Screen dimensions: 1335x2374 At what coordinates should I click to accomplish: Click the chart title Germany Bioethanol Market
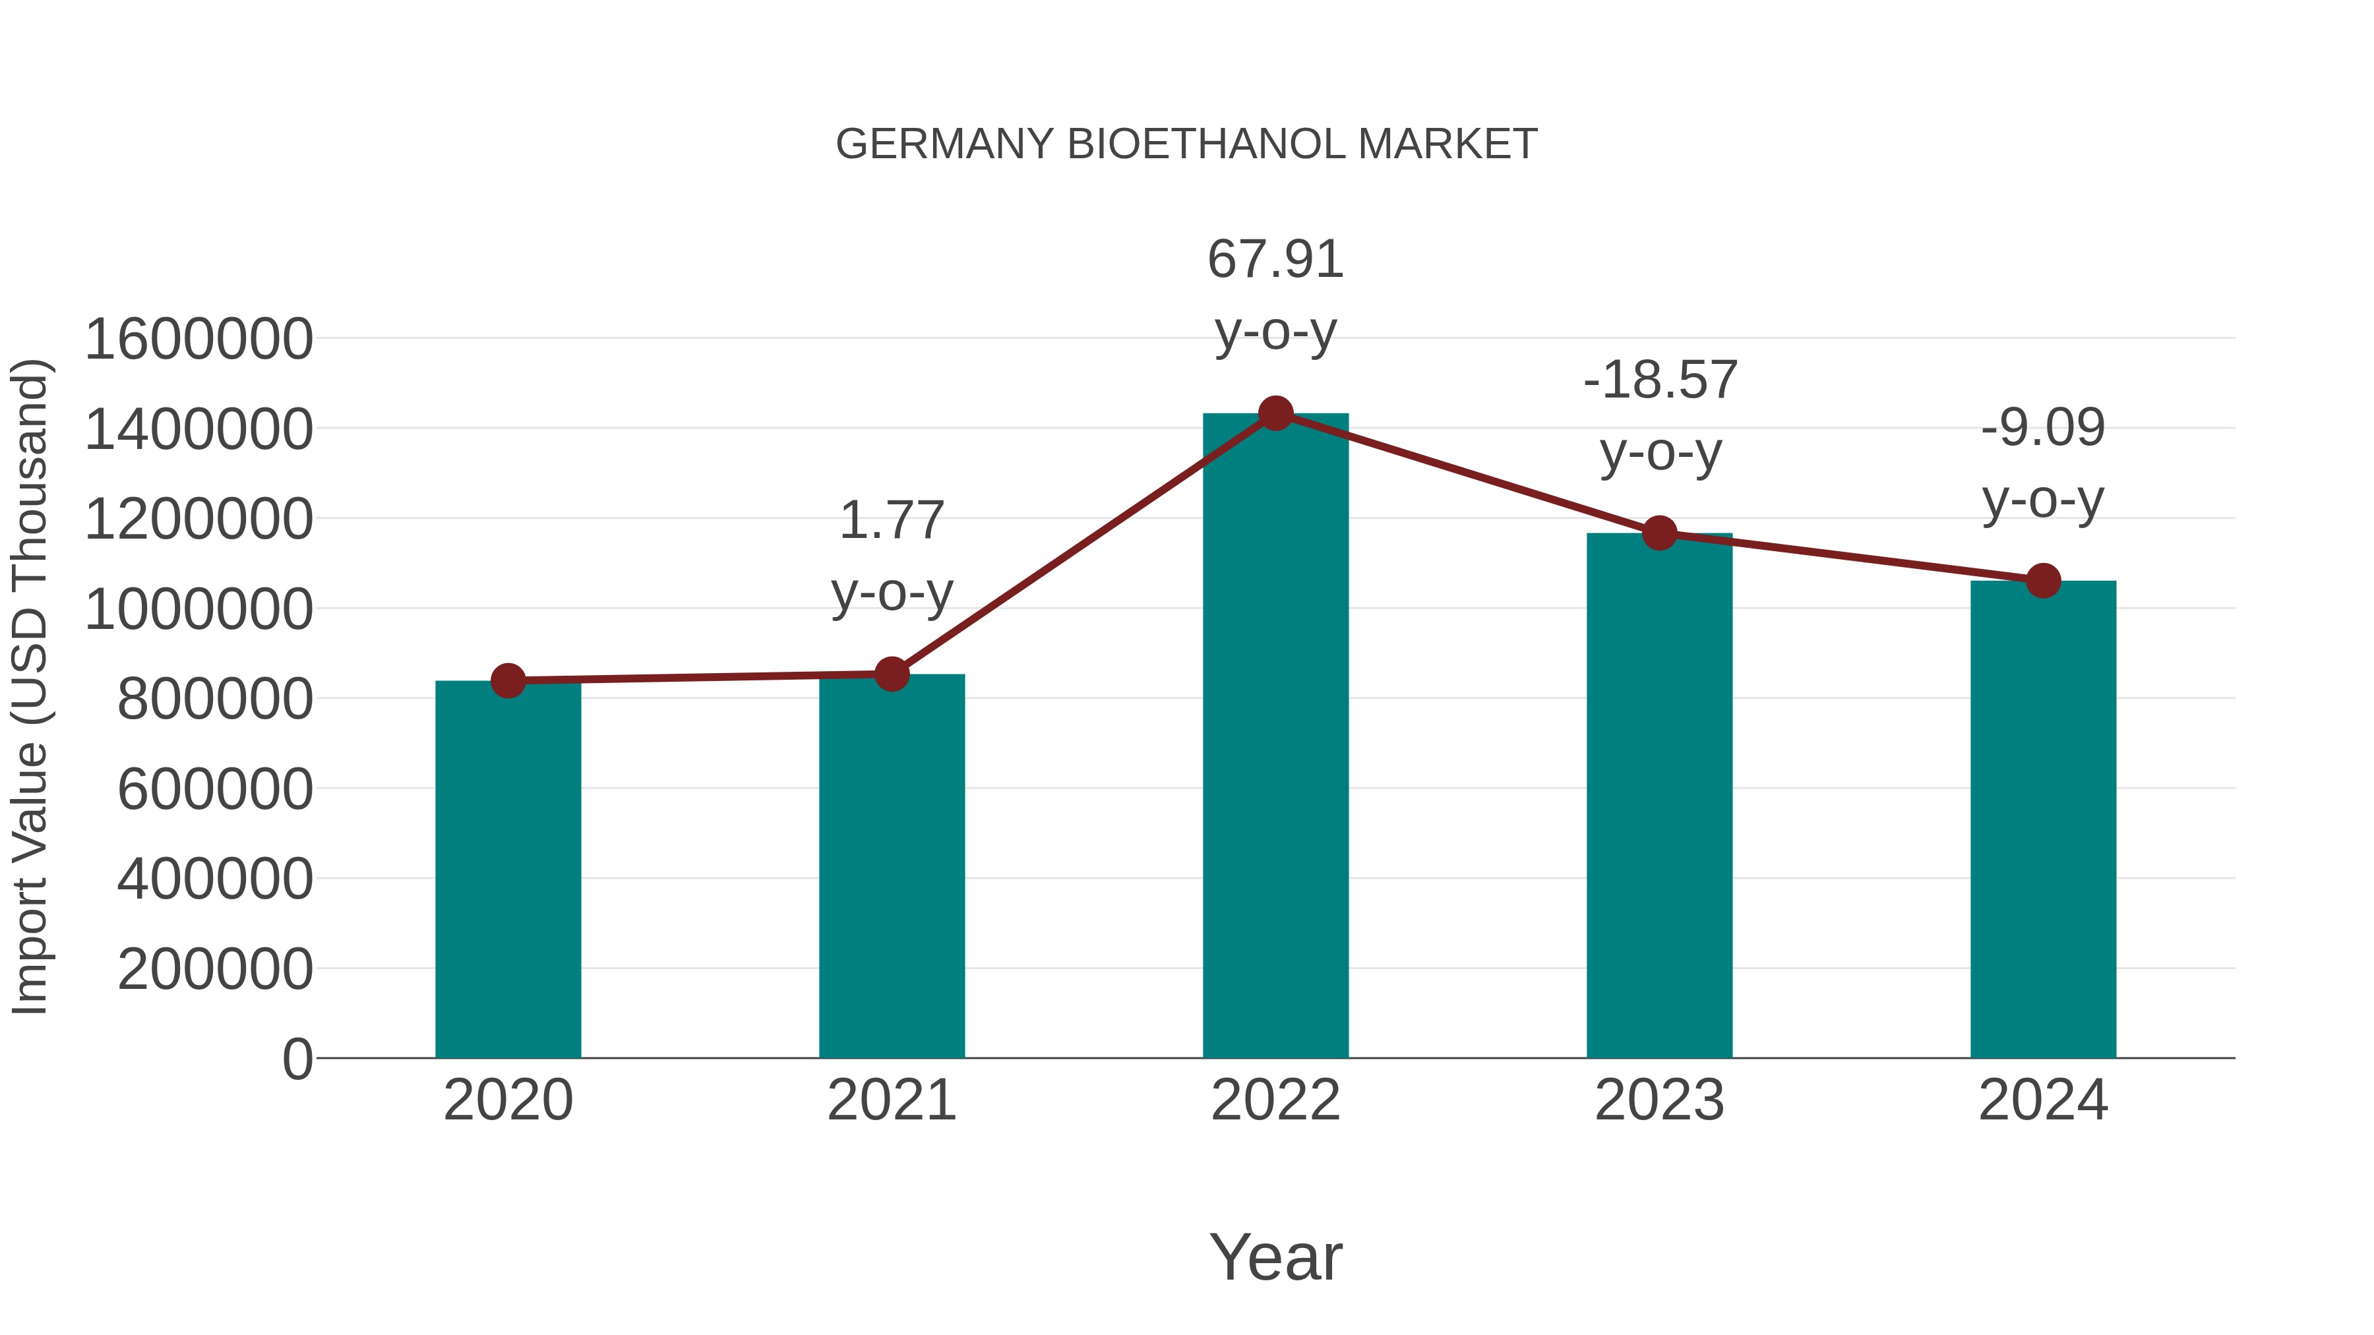[x=1186, y=144]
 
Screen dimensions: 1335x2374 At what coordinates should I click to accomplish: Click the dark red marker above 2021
[x=891, y=674]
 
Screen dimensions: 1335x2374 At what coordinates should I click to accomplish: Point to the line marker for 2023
[x=1660, y=533]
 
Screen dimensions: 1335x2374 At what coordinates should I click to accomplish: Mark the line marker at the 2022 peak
[x=1275, y=413]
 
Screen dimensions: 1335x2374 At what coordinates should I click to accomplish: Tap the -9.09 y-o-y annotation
[x=2043, y=463]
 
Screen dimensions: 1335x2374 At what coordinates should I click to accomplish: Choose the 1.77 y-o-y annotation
[x=891, y=556]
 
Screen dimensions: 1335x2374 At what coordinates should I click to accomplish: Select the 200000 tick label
[x=216, y=969]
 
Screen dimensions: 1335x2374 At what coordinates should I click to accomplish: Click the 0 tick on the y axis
[x=297, y=1059]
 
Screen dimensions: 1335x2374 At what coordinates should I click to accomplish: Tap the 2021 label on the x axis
[x=891, y=1100]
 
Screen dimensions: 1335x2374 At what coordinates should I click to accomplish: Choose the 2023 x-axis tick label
[x=1660, y=1100]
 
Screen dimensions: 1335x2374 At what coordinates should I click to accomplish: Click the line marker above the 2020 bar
[x=508, y=681]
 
